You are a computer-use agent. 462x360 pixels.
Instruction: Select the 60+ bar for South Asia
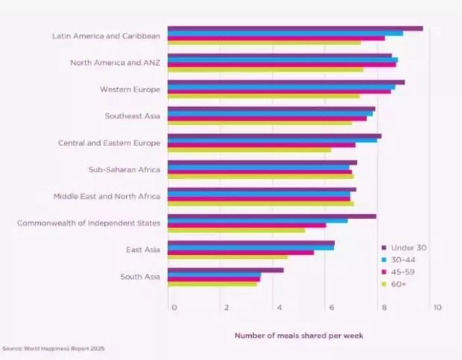(212, 284)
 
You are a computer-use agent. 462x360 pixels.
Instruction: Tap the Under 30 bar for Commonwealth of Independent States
(272, 216)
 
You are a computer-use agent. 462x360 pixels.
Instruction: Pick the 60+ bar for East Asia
(227, 257)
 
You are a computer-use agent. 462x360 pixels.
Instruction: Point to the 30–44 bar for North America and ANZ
(282, 60)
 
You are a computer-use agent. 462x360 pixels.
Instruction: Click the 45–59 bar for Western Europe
(279, 91)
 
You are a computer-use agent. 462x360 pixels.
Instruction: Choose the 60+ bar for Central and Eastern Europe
(249, 150)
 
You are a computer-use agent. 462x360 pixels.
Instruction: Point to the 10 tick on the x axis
(437, 307)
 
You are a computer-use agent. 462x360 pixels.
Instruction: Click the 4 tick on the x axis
(278, 307)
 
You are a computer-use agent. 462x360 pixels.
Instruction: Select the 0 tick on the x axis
(174, 307)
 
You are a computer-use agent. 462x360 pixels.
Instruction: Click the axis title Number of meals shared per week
(299, 335)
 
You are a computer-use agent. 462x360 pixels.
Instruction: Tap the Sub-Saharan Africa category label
(124, 170)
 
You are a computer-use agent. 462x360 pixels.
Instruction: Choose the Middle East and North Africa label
(107, 197)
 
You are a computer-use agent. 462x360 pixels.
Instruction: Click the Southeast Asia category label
(133, 116)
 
